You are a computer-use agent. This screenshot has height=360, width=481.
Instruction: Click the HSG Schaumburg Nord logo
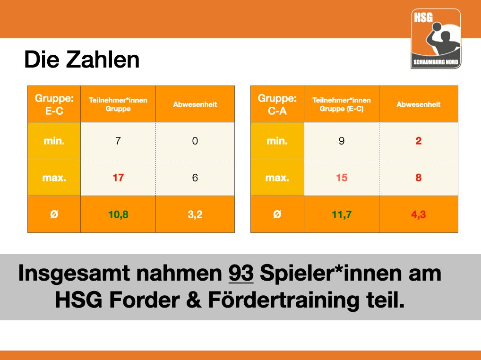pyautogui.click(x=436, y=39)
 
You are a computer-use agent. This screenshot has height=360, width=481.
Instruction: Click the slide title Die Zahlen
pyautogui.click(x=82, y=60)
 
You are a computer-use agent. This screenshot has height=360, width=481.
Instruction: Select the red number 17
pyautogui.click(x=118, y=178)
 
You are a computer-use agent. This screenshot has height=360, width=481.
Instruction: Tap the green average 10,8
pyautogui.click(x=118, y=214)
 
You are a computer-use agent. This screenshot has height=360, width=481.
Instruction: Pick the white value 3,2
pyautogui.click(x=195, y=214)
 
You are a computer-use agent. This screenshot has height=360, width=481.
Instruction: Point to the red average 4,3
pyautogui.click(x=419, y=214)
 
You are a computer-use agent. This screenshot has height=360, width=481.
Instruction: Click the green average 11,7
pyautogui.click(x=342, y=214)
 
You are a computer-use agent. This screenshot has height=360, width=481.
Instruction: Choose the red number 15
pyautogui.click(x=342, y=178)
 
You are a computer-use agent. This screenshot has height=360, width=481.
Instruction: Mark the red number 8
pyautogui.click(x=419, y=178)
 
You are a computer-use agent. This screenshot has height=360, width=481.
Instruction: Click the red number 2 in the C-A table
pyautogui.click(x=419, y=141)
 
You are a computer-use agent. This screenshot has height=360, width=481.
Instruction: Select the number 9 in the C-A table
pyautogui.click(x=342, y=141)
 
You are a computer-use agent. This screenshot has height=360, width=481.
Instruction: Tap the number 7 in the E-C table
pyautogui.click(x=118, y=141)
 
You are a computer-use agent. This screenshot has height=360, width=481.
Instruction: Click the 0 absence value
pyautogui.click(x=195, y=141)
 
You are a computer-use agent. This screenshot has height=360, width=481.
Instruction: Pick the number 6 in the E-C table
pyautogui.click(x=195, y=178)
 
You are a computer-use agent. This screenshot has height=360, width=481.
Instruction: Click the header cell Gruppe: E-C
pyautogui.click(x=54, y=104)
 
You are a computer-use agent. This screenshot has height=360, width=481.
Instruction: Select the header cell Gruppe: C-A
pyautogui.click(x=277, y=104)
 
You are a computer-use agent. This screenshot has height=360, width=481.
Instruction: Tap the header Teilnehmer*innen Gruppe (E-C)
pyautogui.click(x=342, y=104)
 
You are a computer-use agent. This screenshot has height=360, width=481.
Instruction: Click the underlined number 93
pyautogui.click(x=241, y=273)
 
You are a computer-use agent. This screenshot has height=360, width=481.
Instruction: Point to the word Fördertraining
pyautogui.click(x=283, y=300)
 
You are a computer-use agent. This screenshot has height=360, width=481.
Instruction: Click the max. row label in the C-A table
pyautogui.click(x=277, y=178)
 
